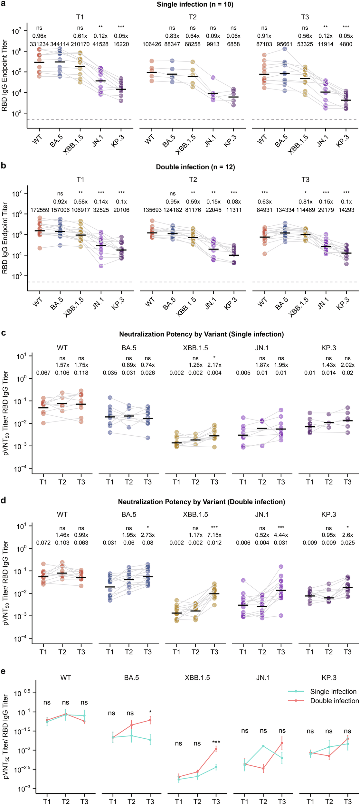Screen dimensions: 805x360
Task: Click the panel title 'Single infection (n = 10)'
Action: coord(195,5)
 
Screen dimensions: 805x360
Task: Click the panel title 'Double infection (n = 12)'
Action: coord(195,167)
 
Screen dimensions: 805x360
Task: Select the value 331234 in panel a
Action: coord(39,44)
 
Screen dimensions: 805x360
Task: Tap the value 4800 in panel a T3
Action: coord(346,44)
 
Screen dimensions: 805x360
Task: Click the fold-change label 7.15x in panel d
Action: coord(214,535)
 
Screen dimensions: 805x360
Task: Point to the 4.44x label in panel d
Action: coord(281,535)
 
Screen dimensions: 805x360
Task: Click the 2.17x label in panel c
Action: coord(214,365)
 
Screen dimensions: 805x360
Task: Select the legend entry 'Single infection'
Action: coord(333,692)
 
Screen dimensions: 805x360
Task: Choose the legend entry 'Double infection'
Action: coord(334,701)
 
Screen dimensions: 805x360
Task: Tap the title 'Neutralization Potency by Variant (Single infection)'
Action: coord(201,334)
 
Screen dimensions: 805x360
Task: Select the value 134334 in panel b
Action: coord(285,210)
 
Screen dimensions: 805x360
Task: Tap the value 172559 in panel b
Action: coord(40,210)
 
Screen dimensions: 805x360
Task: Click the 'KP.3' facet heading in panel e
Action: coord(329,677)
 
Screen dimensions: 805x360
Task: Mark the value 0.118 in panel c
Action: coord(81,373)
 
